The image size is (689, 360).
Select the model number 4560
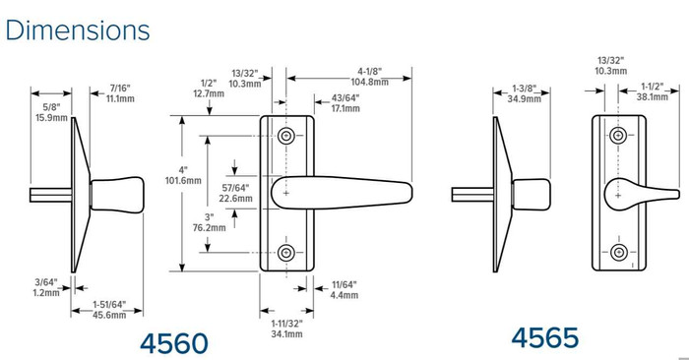pyautogui.click(x=174, y=343)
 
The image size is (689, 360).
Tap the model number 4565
pyautogui.click(x=544, y=337)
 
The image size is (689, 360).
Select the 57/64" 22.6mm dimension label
pyautogui.click(x=237, y=192)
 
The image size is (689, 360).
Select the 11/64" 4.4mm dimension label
pyautogui.click(x=344, y=288)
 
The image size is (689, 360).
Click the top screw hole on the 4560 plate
pyautogui.click(x=285, y=135)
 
